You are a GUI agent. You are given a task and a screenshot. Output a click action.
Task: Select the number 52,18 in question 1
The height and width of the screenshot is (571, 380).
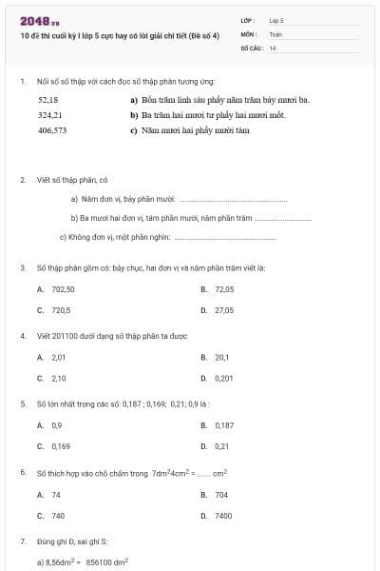tap(48, 99)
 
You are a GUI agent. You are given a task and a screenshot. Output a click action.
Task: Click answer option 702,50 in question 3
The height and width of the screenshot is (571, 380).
tap(63, 289)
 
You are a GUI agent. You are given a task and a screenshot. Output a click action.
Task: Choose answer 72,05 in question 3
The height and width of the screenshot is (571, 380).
tap(224, 289)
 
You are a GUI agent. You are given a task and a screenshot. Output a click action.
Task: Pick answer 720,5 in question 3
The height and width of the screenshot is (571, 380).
tap(61, 310)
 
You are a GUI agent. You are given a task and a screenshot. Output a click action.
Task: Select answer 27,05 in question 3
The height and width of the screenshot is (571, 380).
tap(224, 310)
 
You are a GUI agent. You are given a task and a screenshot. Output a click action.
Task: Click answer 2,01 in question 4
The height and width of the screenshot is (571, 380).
tap(59, 358)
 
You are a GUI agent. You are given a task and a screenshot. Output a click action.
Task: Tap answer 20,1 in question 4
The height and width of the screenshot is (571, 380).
tap(222, 358)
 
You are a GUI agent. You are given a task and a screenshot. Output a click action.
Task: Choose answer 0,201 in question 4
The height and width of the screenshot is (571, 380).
tap(224, 379)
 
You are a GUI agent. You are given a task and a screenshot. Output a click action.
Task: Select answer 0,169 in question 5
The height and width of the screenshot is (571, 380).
tap(61, 446)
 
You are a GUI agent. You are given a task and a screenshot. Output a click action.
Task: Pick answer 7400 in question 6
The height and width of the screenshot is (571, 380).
tap(223, 515)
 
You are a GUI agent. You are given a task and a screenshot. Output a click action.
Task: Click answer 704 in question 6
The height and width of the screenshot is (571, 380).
tap(221, 495)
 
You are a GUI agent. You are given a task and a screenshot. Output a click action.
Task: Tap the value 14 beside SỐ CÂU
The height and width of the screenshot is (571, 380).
tap(273, 47)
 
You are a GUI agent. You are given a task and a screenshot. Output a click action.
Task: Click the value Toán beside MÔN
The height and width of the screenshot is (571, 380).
tap(275, 33)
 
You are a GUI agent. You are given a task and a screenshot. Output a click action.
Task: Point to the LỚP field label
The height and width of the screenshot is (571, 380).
tap(248, 20)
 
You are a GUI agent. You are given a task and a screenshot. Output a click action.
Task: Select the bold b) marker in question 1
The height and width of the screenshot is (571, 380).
tap(134, 114)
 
